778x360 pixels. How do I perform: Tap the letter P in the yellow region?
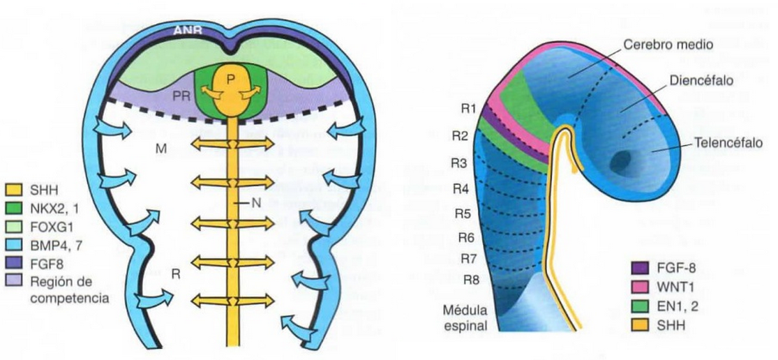pyautogui.click(x=231, y=78)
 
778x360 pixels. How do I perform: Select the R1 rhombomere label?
pyautogui.click(x=467, y=108)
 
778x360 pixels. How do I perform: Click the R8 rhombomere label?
pyautogui.click(x=468, y=280)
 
